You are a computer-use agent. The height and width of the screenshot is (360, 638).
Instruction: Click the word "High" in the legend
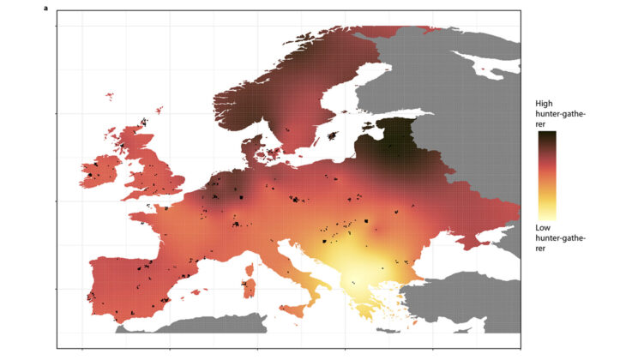545,101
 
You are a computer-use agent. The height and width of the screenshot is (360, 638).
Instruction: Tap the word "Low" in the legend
545,227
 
